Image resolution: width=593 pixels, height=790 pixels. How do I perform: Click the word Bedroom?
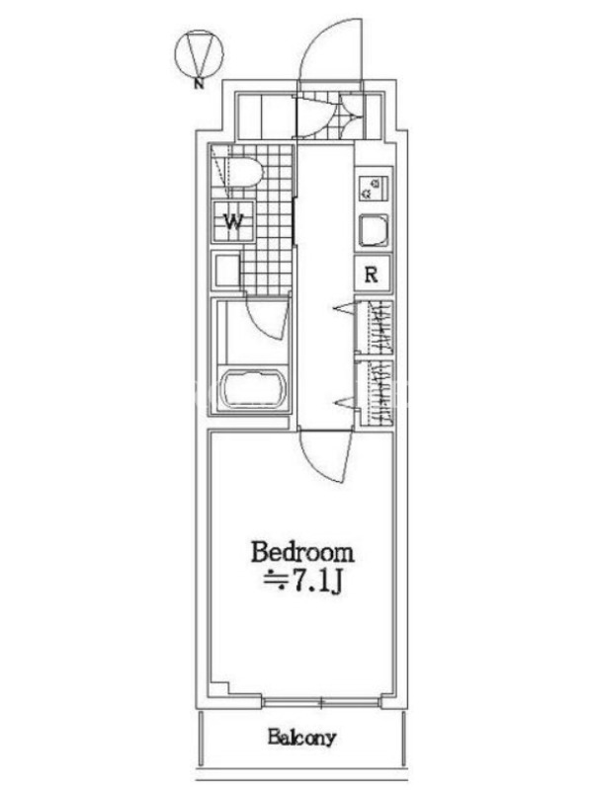coord(302,553)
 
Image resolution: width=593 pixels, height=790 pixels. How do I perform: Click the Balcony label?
coord(301,738)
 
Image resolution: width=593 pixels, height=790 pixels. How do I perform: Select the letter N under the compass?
coord(200,84)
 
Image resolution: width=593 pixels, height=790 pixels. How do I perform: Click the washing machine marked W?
coord(233,221)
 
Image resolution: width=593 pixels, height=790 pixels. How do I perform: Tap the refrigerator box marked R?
coord(373,274)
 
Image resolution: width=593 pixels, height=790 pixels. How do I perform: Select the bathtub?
coord(254,388)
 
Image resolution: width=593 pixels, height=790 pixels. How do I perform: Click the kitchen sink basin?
coord(374,231)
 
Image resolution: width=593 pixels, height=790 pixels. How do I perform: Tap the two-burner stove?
coord(374,188)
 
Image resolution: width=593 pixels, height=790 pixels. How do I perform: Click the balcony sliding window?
coord(321,701)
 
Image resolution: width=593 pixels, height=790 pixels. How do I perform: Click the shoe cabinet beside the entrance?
coord(265,116)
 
